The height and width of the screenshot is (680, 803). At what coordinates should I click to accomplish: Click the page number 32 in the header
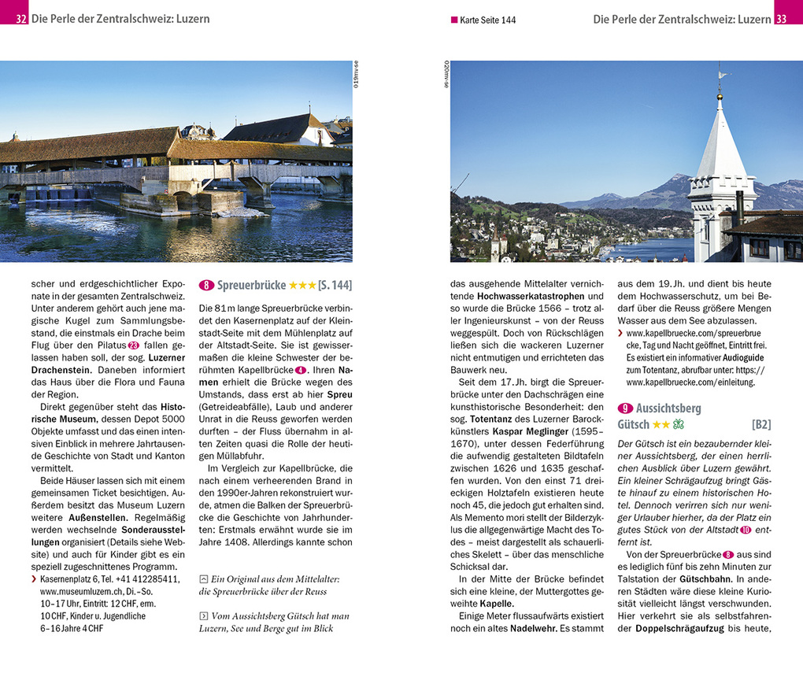click(20, 19)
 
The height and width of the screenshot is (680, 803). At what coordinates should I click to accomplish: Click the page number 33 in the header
click(781, 19)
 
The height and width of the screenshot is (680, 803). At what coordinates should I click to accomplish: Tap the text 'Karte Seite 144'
click(487, 20)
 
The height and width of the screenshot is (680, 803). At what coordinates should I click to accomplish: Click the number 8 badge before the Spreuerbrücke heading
click(207, 286)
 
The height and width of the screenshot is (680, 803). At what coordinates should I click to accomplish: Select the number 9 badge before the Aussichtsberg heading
click(626, 408)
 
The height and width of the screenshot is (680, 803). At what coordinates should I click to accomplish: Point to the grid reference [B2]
click(760, 424)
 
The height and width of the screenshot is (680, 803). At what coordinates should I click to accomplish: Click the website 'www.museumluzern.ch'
click(79, 590)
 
